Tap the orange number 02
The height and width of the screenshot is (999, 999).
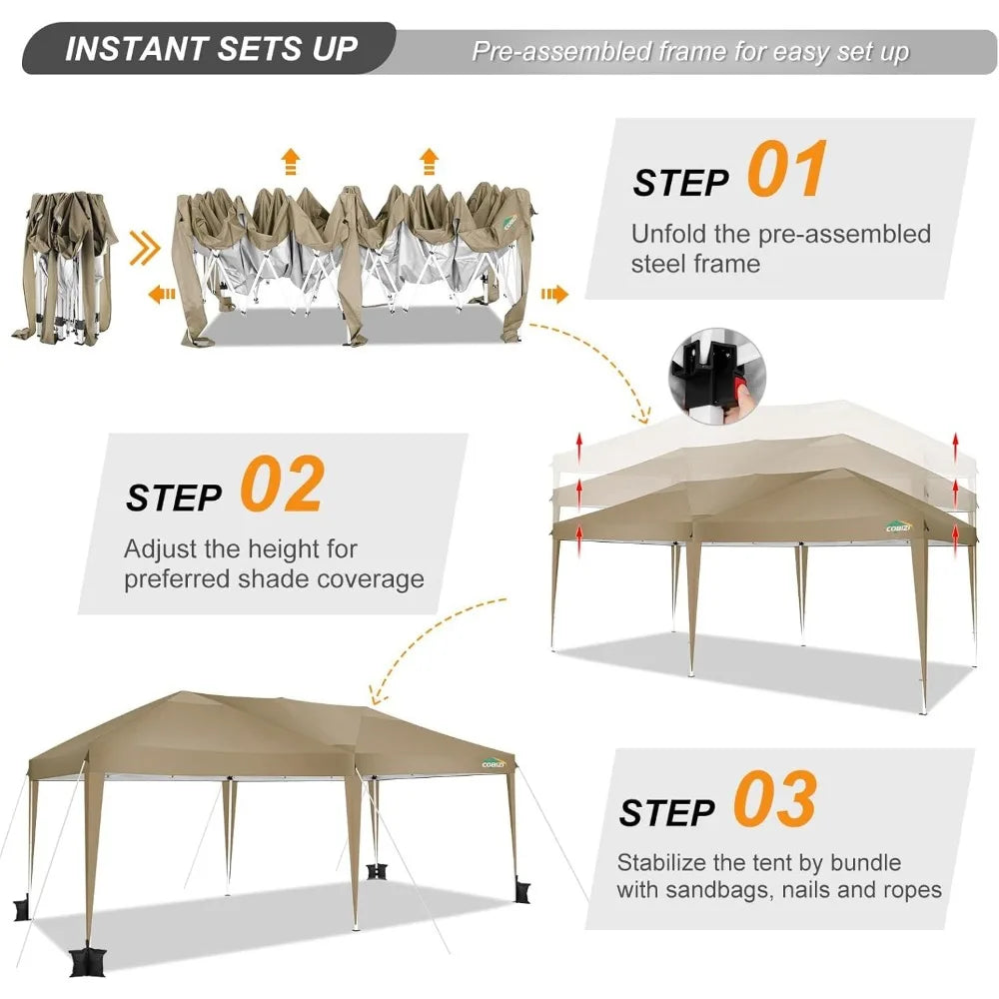pos(283,484)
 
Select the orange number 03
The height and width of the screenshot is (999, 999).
pos(775,798)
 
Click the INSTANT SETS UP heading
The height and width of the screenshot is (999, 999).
pos(211,49)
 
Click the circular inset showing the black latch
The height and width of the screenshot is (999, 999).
pos(717,376)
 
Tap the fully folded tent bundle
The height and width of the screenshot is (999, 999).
pos(64,268)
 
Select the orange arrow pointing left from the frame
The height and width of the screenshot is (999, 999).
pos(161,294)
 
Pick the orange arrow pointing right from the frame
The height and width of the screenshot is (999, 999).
pos(554,294)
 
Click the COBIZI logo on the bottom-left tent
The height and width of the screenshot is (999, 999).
pos(494,763)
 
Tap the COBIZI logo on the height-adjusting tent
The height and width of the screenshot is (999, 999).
pos(898,526)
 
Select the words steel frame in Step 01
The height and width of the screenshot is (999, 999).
pos(695,264)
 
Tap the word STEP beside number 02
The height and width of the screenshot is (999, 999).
pos(174,498)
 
